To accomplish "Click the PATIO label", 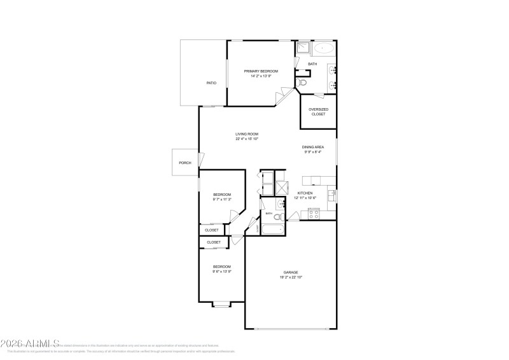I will [211, 83].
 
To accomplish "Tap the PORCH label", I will [185, 163].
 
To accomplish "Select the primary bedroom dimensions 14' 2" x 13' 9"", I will [261, 76].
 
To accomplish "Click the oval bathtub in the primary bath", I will [326, 48].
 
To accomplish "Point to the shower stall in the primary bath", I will [303, 48].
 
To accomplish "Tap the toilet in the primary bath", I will [303, 83].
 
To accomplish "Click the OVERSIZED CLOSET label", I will [318, 111].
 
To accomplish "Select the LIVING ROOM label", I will [247, 134].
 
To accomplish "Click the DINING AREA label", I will [313, 147].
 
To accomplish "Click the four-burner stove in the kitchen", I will [313, 214].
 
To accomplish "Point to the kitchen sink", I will [331, 193].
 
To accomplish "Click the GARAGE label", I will [291, 272].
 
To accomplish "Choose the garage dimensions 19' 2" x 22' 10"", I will [291, 277].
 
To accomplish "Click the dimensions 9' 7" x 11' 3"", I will [221, 200].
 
